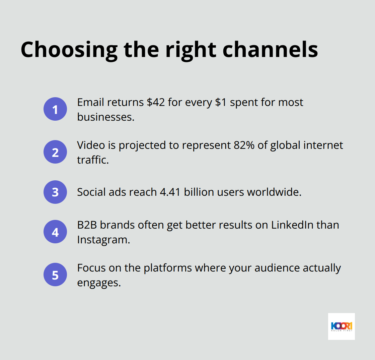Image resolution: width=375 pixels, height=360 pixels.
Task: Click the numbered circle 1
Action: coord(55,109)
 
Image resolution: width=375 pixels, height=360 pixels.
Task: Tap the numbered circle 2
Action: coord(55,152)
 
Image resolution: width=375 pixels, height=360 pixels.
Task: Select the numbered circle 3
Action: coord(55,192)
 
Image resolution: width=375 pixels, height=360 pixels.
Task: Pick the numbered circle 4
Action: coord(55,232)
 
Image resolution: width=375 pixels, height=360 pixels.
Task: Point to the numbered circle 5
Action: coord(55,275)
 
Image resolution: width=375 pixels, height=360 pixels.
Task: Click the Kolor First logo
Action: coord(341,326)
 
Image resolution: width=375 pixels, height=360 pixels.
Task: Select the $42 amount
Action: coord(156,103)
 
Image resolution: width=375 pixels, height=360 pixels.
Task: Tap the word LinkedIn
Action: coord(295,225)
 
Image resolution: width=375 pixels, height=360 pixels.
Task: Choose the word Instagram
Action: coord(103,240)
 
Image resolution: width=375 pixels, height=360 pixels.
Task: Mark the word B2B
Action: coord(87,225)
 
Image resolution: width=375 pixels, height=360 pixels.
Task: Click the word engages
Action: coord(98,283)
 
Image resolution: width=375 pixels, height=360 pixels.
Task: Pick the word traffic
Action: coord(93,160)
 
